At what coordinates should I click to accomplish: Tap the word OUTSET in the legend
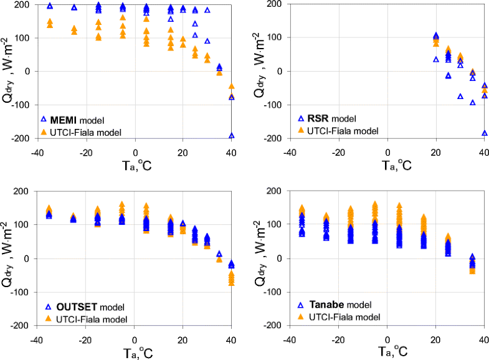tap(72, 307)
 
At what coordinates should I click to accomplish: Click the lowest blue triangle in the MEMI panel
tap(231, 135)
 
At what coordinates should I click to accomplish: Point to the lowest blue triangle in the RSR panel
tap(484, 133)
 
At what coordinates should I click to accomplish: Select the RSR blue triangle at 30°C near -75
tap(460, 97)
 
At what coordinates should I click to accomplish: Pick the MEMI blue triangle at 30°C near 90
tap(207, 41)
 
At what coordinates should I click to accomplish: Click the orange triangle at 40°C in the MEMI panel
tap(231, 87)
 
